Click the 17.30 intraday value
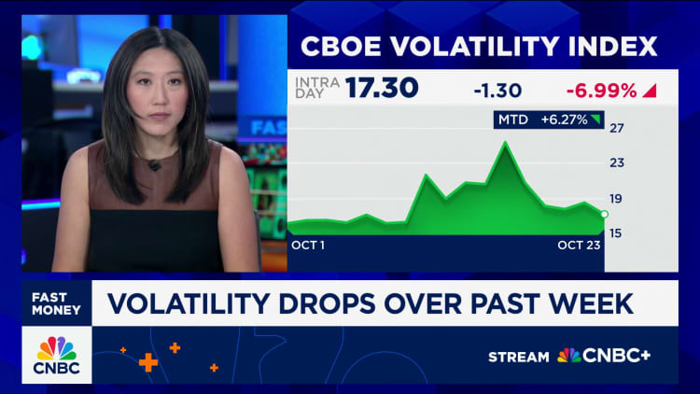pyautogui.click(x=382, y=90)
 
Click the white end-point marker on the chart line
pyautogui.click(x=604, y=215)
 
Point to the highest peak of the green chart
pyautogui.click(x=505, y=143)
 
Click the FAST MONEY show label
pyautogui.click(x=57, y=303)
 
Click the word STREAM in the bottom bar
pyautogui.click(x=519, y=356)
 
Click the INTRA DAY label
pyautogui.click(x=316, y=89)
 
